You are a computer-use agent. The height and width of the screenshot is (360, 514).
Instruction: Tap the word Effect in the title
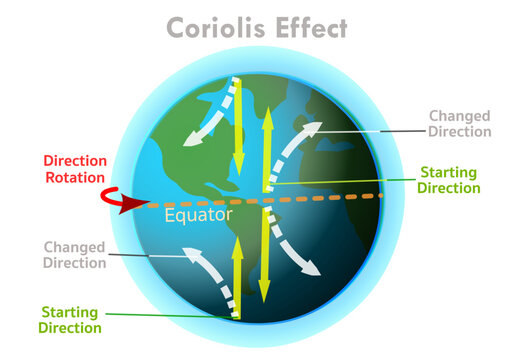311,28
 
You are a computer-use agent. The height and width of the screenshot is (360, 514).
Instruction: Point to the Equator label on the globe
199,215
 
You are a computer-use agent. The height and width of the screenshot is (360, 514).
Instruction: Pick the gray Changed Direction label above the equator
459,123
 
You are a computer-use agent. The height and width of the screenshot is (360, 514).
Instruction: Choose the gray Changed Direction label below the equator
74,254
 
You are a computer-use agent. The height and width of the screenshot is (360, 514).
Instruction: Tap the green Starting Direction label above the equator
449,179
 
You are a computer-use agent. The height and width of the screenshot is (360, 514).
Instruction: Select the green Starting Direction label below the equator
70,319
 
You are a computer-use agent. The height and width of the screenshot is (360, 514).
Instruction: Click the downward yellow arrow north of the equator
238,125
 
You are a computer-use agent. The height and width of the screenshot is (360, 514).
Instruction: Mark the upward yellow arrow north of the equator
266,150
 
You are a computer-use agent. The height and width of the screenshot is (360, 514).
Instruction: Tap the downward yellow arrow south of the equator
265,255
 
